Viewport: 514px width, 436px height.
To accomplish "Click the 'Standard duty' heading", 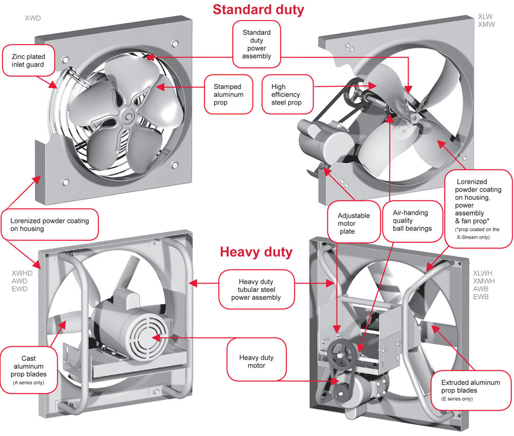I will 258,9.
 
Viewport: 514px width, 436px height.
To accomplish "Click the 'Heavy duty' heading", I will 256,252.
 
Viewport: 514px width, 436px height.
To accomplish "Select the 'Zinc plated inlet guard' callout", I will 28,61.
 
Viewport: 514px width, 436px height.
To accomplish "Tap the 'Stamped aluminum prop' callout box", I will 229,94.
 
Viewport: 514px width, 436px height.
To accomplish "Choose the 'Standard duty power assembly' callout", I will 256,44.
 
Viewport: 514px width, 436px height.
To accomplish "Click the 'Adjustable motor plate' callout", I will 347,220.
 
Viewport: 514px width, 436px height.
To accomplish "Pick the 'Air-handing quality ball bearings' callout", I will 410,220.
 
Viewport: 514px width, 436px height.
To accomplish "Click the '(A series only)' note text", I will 28,383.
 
